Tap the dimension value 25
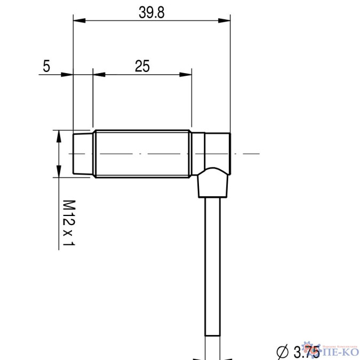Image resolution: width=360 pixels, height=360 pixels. pyautogui.click(x=142, y=66)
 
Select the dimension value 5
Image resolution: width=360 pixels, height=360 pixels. pyautogui.click(x=46, y=66)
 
